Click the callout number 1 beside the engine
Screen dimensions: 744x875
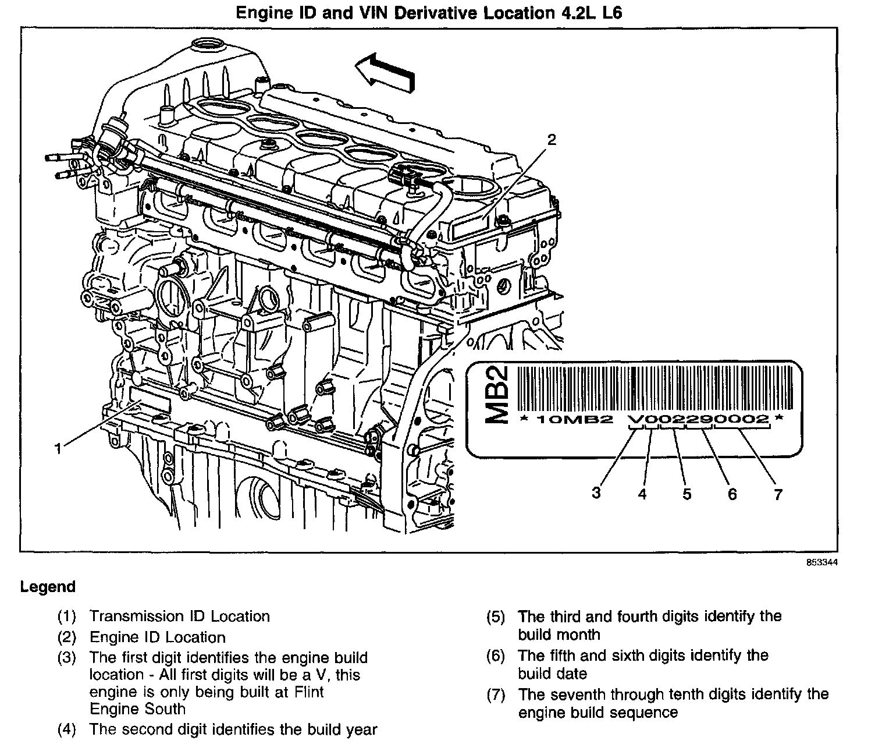pos(58,448)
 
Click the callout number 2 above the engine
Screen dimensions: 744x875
pos(552,140)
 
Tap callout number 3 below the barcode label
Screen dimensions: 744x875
pos(596,493)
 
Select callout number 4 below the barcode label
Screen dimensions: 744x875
pos(642,494)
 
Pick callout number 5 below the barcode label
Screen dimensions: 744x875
pos(687,494)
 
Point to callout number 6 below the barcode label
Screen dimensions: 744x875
pos(732,494)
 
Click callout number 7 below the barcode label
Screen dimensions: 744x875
pos(778,494)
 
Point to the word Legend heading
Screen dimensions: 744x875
pos(48,587)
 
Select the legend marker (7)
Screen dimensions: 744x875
pos(495,695)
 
